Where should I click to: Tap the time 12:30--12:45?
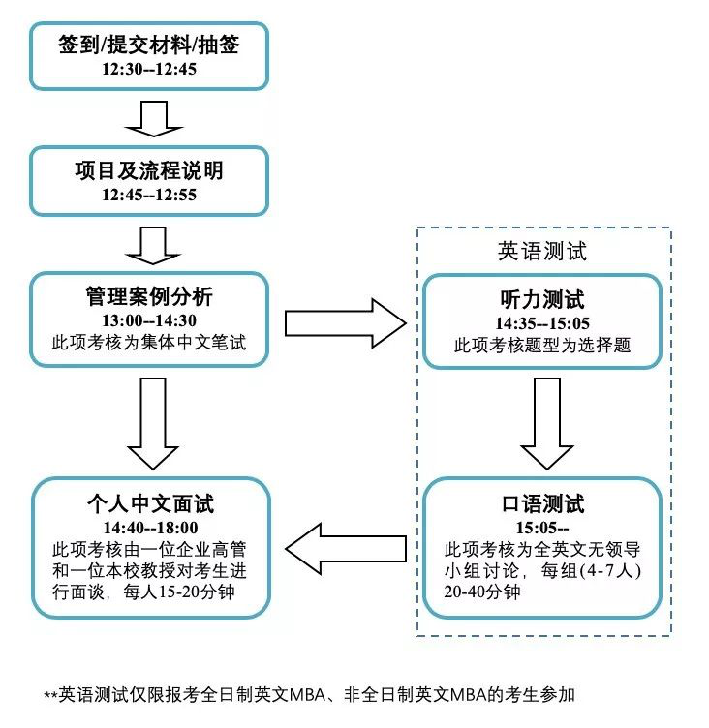[x=148, y=71]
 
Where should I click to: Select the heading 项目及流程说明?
[x=148, y=171]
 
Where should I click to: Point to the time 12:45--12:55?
[x=148, y=195]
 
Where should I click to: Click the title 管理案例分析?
[x=148, y=297]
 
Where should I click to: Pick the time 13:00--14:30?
[x=148, y=320]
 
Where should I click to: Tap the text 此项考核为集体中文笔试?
[x=148, y=342]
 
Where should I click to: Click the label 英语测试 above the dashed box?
[x=542, y=251]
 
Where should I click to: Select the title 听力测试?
[x=542, y=299]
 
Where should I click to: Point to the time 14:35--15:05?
[x=542, y=323]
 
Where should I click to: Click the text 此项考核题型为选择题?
[x=542, y=345]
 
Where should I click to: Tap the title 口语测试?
[x=542, y=504]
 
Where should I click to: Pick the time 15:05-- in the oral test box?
[x=542, y=529]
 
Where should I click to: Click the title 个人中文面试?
[x=148, y=504]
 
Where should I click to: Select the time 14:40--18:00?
[x=148, y=528]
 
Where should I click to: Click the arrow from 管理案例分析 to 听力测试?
[x=344, y=322]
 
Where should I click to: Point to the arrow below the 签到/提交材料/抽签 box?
[x=148, y=117]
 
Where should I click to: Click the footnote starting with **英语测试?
[x=309, y=694]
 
